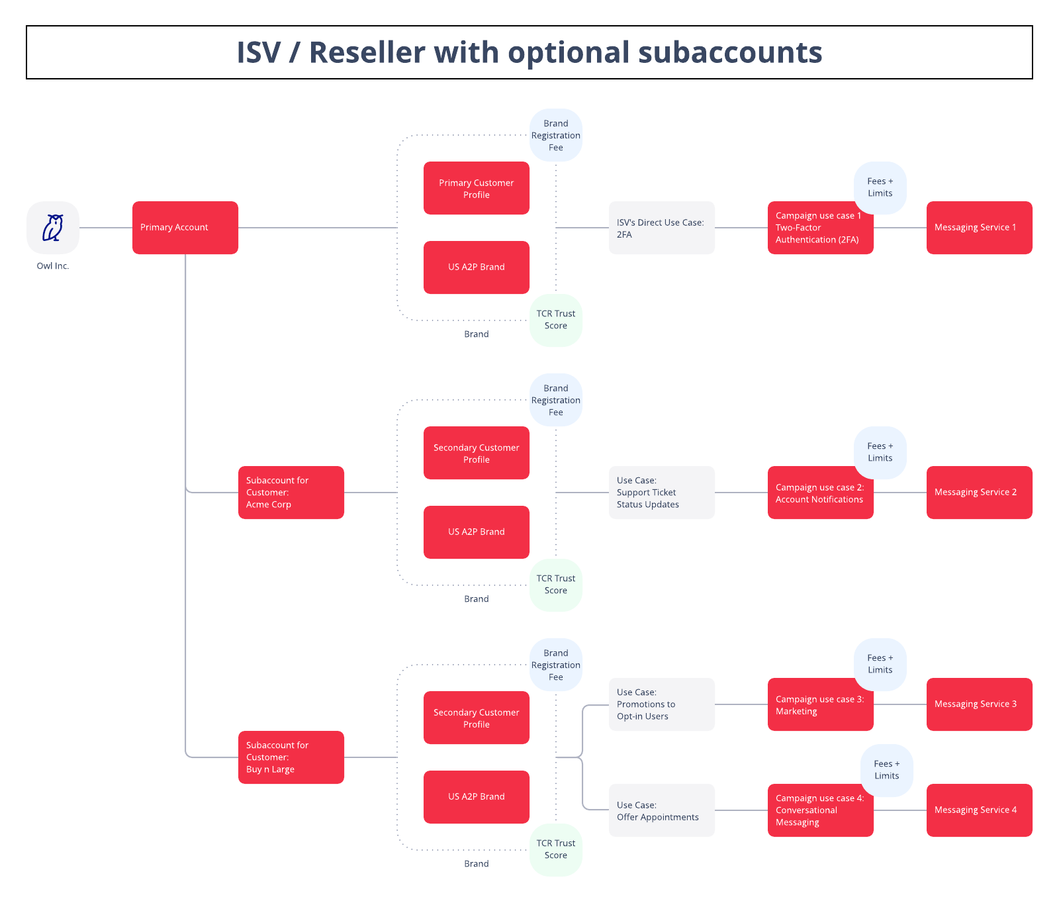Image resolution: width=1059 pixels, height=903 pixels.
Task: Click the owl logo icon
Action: (53, 228)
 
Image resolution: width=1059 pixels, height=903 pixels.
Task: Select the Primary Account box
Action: (185, 228)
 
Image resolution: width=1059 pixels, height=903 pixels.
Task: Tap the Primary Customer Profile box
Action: (477, 188)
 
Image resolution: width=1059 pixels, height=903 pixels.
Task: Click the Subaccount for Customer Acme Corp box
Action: (291, 493)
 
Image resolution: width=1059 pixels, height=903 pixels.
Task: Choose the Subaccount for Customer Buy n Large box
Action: (291, 757)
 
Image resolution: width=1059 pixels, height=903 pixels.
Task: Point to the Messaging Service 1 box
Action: (979, 228)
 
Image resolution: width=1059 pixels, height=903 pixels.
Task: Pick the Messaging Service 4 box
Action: (979, 810)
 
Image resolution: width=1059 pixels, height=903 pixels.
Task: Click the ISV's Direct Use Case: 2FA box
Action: (661, 228)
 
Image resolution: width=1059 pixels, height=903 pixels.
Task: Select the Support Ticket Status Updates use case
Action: (661, 493)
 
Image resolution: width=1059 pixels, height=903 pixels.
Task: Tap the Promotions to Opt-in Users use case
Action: (661, 704)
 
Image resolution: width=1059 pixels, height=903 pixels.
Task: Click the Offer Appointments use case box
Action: (661, 810)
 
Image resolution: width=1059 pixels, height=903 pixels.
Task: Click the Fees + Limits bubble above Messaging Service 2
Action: (880, 452)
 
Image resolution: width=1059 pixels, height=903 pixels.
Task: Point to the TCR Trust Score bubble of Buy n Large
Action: (556, 849)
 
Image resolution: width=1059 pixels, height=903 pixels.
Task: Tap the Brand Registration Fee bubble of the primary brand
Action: (556, 135)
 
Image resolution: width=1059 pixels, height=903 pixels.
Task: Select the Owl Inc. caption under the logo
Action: (53, 266)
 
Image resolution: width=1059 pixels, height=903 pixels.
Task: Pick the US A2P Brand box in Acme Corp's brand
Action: (477, 532)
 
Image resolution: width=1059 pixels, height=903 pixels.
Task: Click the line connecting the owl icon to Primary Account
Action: (106, 228)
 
